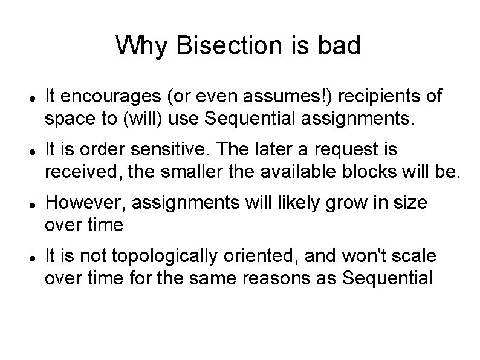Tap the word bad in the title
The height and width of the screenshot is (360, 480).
(339, 46)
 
